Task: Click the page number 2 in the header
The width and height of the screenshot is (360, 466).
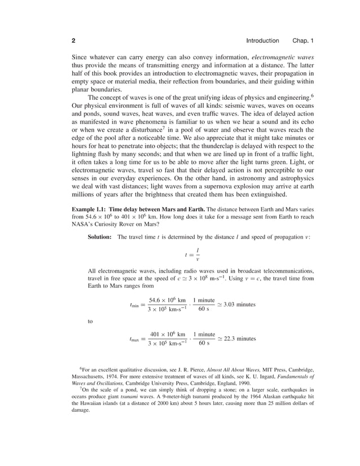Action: click(x=73, y=41)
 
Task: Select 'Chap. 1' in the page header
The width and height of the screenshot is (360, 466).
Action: click(x=302, y=41)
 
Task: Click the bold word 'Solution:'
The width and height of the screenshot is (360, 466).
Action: click(x=99, y=236)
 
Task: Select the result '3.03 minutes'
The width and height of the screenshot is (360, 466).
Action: click(x=239, y=304)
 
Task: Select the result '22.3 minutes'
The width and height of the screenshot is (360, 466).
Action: click(x=239, y=338)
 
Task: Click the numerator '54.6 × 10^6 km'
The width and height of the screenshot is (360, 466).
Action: click(x=167, y=300)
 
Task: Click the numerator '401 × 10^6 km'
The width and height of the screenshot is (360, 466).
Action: click(x=167, y=334)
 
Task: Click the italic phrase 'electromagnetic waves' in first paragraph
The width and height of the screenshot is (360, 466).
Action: click(x=283, y=58)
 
